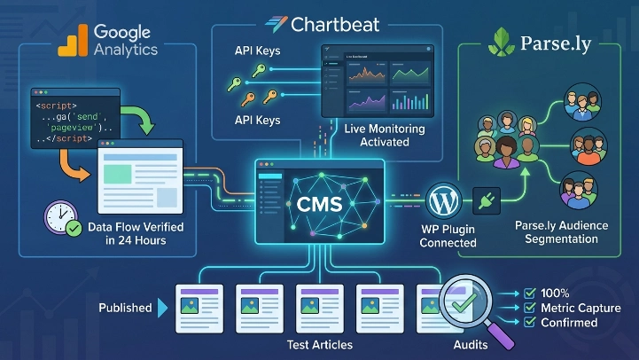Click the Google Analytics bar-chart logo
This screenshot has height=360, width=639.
click(73, 40)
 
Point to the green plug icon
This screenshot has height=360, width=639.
click(486, 200)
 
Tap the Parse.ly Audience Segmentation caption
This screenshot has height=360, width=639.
click(561, 232)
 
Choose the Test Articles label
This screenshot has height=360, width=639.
click(320, 344)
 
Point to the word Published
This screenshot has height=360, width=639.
click(125, 308)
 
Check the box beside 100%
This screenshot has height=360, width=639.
click(529, 293)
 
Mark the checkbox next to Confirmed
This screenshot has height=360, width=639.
click(529, 323)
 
